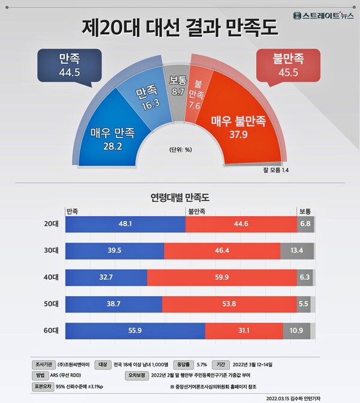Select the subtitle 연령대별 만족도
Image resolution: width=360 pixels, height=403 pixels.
coord(179,196)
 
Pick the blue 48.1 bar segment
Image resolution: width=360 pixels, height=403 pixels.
coord(125,223)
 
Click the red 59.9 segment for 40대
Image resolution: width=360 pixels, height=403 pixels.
coord(221,277)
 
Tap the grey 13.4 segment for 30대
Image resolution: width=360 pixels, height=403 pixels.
coord(297,250)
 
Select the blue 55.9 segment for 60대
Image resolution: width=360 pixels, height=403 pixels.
coord(135,331)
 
